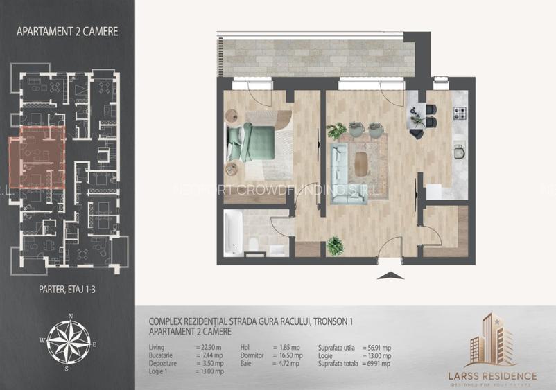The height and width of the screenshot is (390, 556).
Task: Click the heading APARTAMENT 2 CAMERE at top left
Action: (67, 30)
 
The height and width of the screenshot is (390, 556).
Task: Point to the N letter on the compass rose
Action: (70, 317)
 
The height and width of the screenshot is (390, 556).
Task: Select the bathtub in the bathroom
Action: (234, 234)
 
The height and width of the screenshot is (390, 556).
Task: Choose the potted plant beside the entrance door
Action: (336, 245)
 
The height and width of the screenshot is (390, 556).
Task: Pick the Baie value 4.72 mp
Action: (284, 363)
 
